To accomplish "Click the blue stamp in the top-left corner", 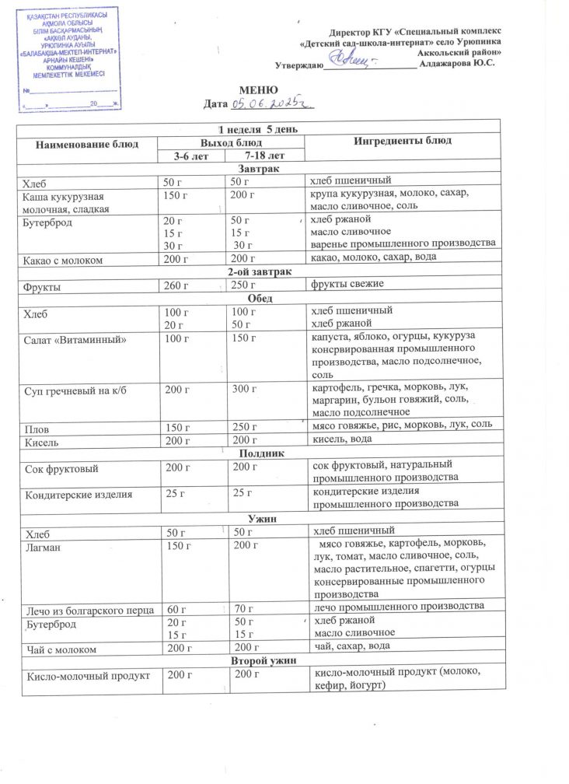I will click(x=71, y=58).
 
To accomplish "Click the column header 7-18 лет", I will click(x=264, y=156).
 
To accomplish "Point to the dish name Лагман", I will click(x=45, y=547).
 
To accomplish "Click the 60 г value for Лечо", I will click(x=178, y=607).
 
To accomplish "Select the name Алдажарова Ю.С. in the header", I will click(x=456, y=62).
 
